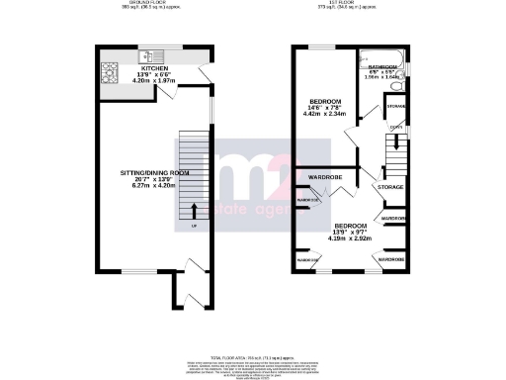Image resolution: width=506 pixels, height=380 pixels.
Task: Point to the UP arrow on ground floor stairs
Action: [193, 211]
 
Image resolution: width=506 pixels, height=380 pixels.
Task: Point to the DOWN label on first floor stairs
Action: [395, 126]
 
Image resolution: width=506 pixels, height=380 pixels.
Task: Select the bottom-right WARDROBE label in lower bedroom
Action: [390, 259]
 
